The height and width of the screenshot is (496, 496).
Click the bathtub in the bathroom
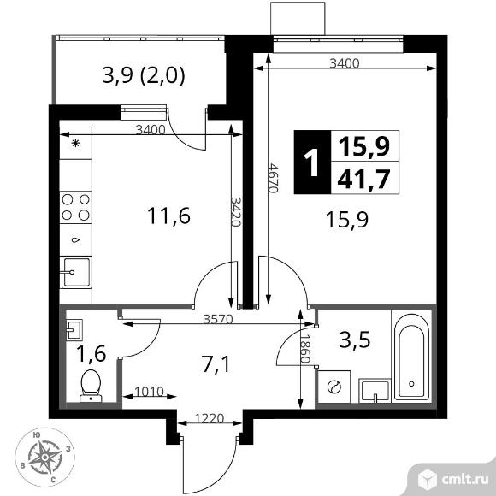coord(412,355)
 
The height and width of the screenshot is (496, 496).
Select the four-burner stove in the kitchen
coord(76,207)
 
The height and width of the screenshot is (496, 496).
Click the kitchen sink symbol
coord(75,271)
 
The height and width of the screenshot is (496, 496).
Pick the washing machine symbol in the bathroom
coord(332,386)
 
